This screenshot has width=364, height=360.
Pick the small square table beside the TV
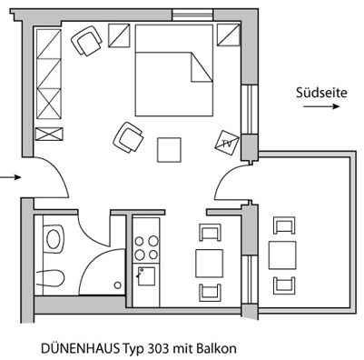click(170, 147)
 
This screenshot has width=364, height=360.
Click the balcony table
click(284, 255)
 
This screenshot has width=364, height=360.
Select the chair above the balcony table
click(284, 226)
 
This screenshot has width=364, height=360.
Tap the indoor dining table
click(211, 262)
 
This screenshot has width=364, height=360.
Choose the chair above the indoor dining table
click(211, 233)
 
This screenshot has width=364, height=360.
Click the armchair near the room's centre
click(128, 137)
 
